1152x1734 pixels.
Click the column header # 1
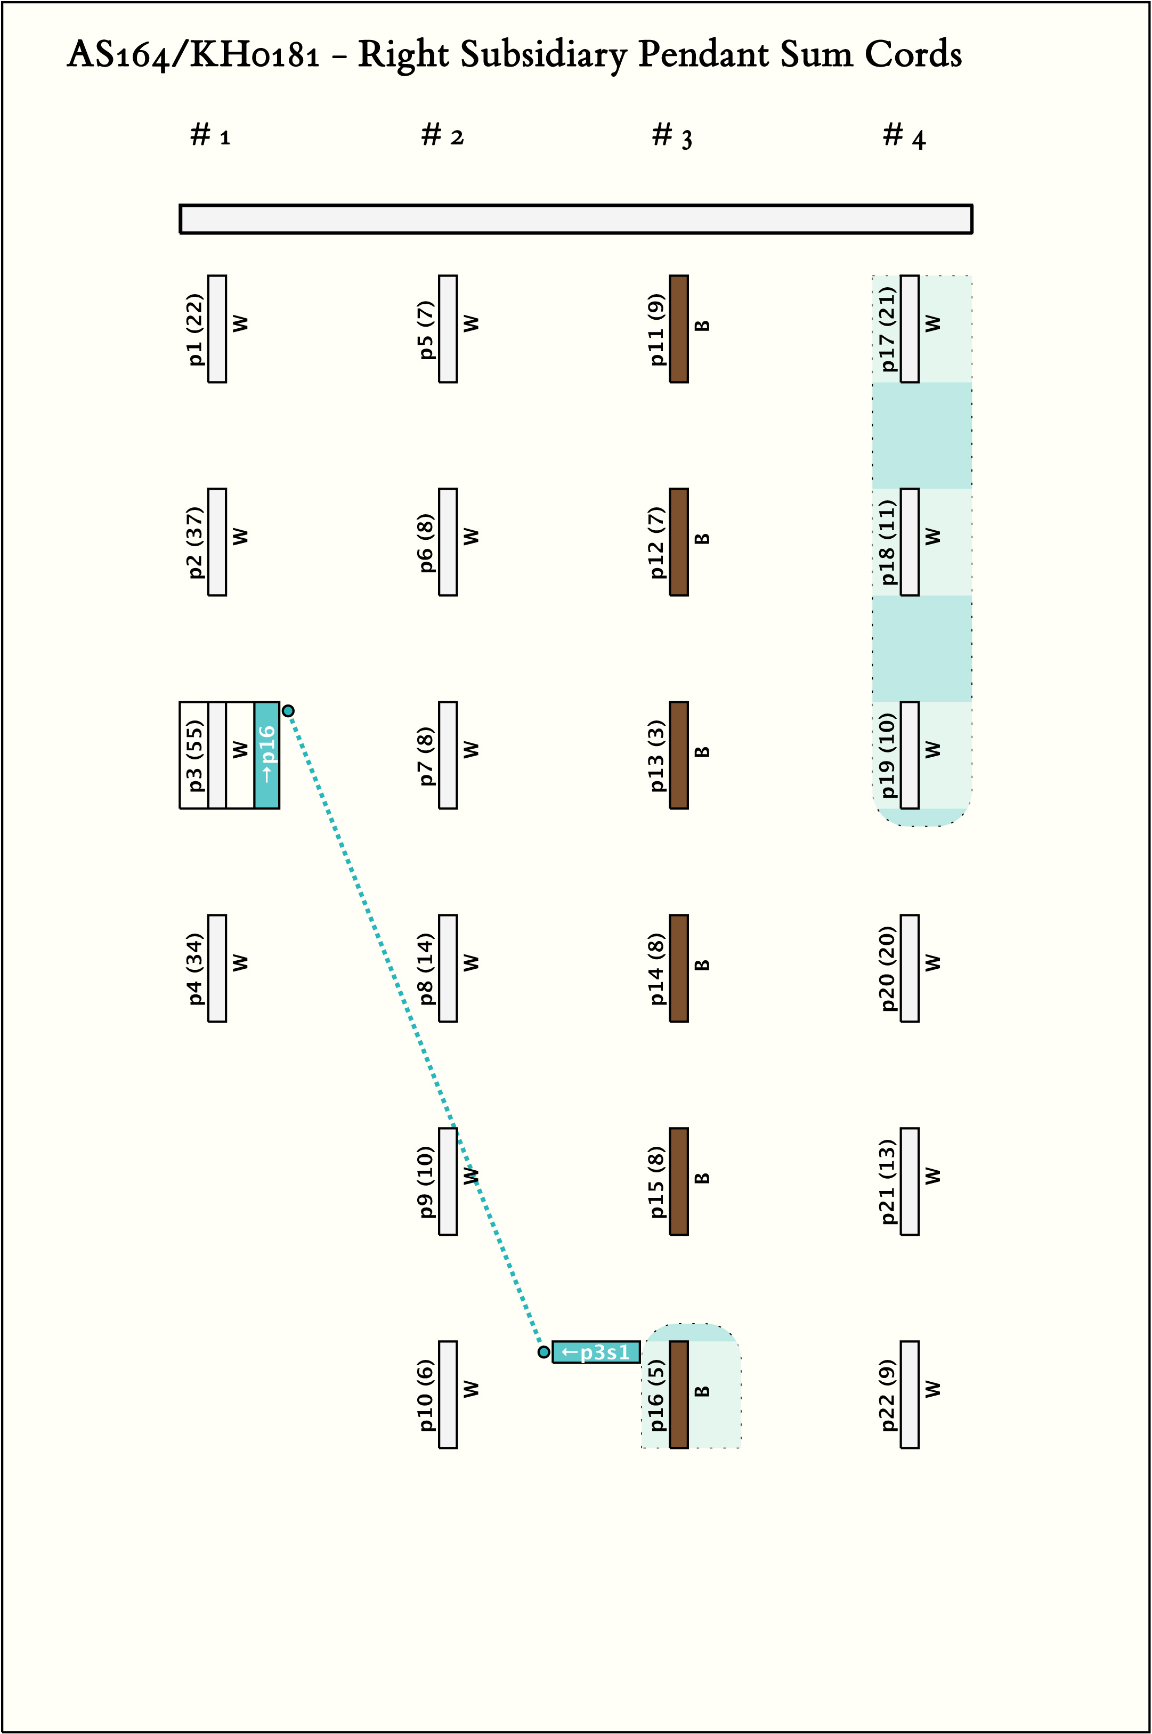click(210, 135)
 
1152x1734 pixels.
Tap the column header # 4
click(904, 136)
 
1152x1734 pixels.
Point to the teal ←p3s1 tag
click(596, 1352)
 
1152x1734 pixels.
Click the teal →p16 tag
click(267, 755)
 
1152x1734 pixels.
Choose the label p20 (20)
click(888, 968)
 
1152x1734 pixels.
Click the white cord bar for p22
click(910, 1395)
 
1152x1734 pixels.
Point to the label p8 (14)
click(426, 968)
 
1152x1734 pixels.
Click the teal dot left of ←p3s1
click(543, 1352)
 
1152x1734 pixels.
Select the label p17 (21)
click(888, 329)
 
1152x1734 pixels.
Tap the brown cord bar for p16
click(679, 1395)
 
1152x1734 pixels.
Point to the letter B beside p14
click(702, 965)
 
